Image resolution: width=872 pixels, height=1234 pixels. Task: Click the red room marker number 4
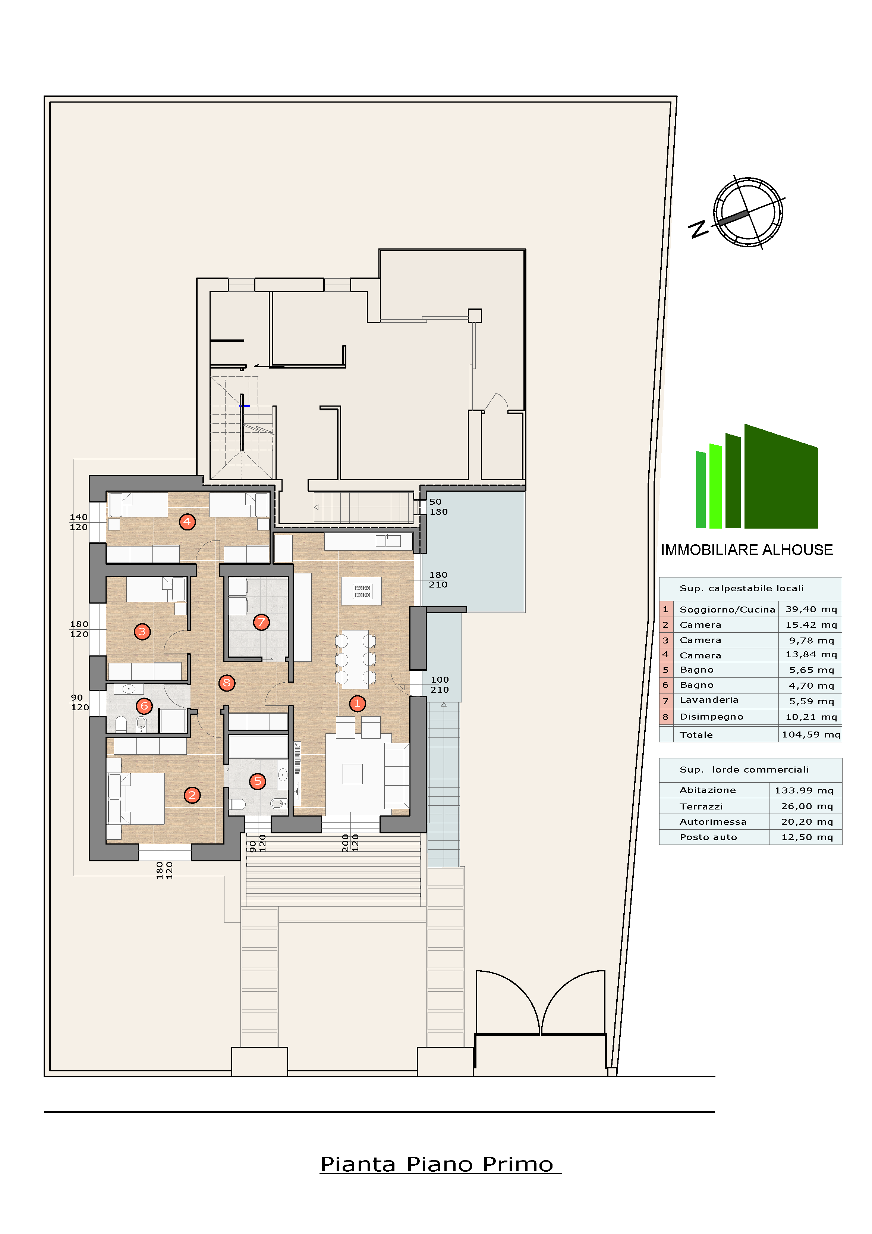(x=187, y=522)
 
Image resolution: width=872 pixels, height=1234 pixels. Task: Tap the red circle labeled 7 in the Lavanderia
(x=261, y=622)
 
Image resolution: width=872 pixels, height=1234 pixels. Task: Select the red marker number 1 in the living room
(x=357, y=704)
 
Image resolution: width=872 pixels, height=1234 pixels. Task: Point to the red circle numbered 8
(x=227, y=683)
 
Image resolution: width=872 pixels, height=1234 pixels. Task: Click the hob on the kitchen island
(x=362, y=591)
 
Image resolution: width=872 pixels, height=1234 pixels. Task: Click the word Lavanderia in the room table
(x=709, y=700)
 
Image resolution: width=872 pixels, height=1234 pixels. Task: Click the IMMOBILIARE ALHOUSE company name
(x=746, y=550)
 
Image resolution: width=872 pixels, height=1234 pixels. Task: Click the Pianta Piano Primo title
(x=437, y=1164)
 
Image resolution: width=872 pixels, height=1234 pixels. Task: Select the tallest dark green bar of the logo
(x=781, y=478)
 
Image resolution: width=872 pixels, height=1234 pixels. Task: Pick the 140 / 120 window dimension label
(x=78, y=522)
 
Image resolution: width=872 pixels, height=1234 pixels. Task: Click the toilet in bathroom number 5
(x=237, y=804)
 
